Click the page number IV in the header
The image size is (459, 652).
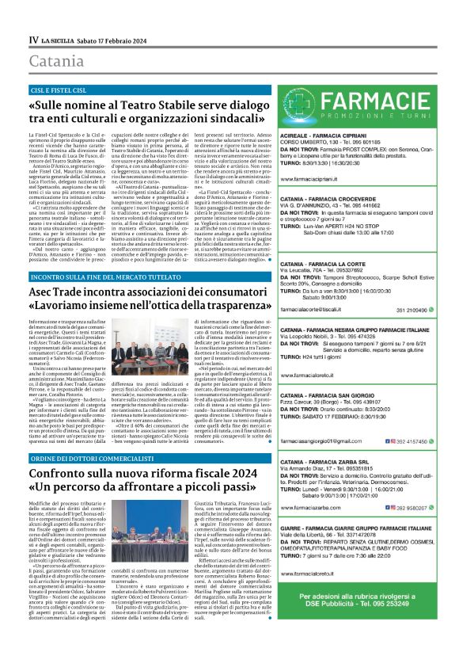click(x=33, y=39)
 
